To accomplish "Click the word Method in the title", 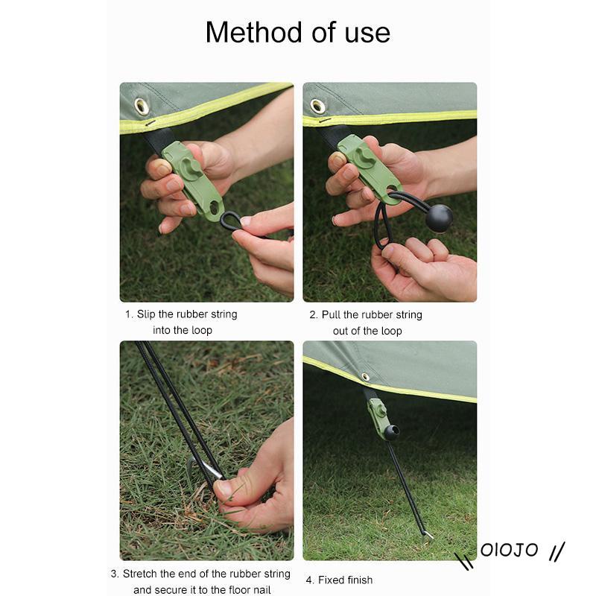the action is (x=256, y=32).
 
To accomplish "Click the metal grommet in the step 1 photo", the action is (x=142, y=106).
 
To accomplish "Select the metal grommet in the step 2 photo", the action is (x=318, y=107).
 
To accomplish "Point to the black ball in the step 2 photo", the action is (x=439, y=218).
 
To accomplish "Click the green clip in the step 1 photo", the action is (x=192, y=180).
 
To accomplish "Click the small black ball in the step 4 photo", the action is (x=392, y=432).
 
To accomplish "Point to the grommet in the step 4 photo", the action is (x=366, y=377).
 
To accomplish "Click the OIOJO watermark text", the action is (x=509, y=550).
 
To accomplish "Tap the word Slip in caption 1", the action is (x=146, y=314).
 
